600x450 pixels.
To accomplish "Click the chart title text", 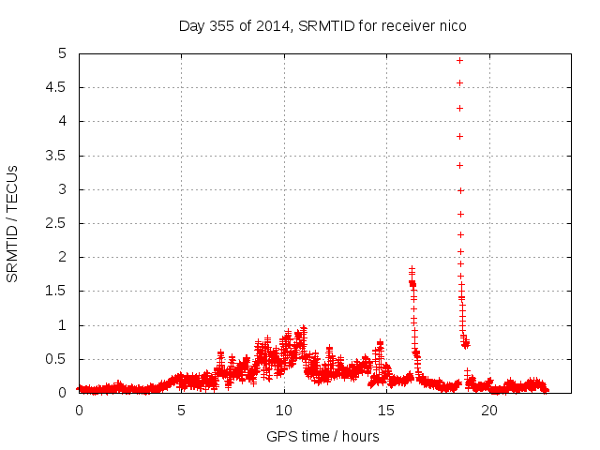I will click(x=322, y=25).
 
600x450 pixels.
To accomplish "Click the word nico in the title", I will click(x=452, y=25).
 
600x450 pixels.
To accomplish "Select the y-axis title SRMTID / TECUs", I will click(x=12, y=224).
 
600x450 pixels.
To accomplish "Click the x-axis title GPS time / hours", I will click(x=322, y=436).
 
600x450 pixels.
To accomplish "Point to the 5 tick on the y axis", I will click(x=66, y=53).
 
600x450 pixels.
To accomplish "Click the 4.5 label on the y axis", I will click(x=59, y=87).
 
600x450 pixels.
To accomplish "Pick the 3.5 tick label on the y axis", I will click(x=59, y=156).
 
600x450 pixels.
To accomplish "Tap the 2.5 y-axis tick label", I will click(x=59, y=223).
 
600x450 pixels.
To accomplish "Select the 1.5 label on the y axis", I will click(x=59, y=292).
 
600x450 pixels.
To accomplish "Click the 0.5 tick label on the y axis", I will click(x=59, y=359).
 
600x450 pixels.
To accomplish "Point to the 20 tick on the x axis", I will click(x=488, y=410).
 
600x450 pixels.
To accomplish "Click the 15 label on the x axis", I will click(x=386, y=410).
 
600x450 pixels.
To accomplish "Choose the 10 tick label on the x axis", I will click(x=283, y=410).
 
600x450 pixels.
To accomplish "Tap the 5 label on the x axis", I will click(x=181, y=410).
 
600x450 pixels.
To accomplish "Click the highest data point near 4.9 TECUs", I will click(x=459, y=60).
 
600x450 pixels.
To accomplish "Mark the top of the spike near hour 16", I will click(x=412, y=269).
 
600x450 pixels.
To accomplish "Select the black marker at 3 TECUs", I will click(x=460, y=190).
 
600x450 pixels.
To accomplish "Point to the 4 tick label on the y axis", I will click(x=66, y=121).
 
